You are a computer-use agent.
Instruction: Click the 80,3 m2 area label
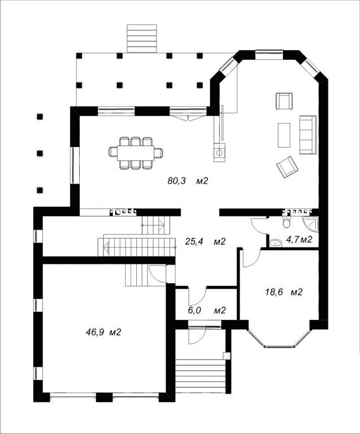(x=187, y=181)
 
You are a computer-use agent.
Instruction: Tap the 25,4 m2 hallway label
(x=205, y=242)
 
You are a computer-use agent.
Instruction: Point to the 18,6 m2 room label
(x=284, y=292)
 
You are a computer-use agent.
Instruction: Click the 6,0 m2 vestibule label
(x=207, y=310)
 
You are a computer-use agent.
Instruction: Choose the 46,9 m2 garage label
(x=103, y=332)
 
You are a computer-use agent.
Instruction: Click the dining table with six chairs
(x=136, y=153)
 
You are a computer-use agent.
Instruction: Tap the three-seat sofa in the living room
(x=307, y=135)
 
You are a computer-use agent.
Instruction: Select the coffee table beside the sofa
(x=284, y=135)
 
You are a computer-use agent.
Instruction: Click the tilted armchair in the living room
(x=287, y=167)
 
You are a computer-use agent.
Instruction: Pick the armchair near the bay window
(x=284, y=101)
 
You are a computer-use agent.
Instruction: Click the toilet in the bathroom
(x=286, y=222)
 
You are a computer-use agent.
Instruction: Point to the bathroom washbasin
(x=275, y=243)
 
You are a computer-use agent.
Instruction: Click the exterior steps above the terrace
(x=142, y=38)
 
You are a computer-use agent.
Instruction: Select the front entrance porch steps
(x=201, y=376)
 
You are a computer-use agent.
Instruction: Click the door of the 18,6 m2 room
(x=250, y=258)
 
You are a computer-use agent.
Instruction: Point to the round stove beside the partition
(x=219, y=152)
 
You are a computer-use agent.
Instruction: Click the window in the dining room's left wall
(x=72, y=165)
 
